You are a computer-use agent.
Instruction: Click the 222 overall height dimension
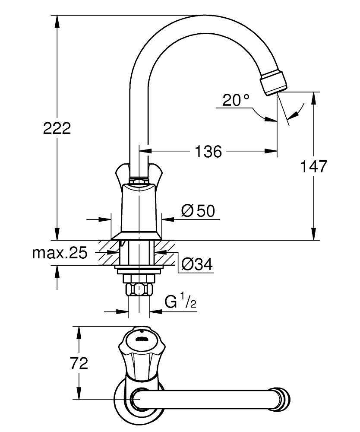coord(57,128)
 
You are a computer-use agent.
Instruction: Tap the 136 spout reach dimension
coord(208,151)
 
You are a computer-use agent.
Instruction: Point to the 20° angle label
coord(236,101)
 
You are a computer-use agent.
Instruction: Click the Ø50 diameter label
coord(198,211)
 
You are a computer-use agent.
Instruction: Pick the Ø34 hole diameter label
coord(197,264)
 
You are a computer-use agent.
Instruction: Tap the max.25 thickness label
coord(60,253)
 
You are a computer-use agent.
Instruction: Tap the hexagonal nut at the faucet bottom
coord(138,289)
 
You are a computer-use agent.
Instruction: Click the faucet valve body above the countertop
coord(138,207)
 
